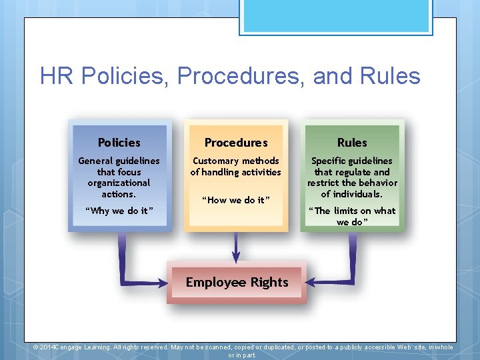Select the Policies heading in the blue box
pos(119,143)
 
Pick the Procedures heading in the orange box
pos(235,143)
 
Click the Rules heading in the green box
pos(352,143)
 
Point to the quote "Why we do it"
pos(119,211)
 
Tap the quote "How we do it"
pos(235,200)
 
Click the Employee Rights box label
pos(237,282)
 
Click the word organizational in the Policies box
pos(119,183)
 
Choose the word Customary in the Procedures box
pos(215,161)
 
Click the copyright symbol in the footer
pos(37,347)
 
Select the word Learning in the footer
pos(97,347)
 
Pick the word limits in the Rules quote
pos(350,211)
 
